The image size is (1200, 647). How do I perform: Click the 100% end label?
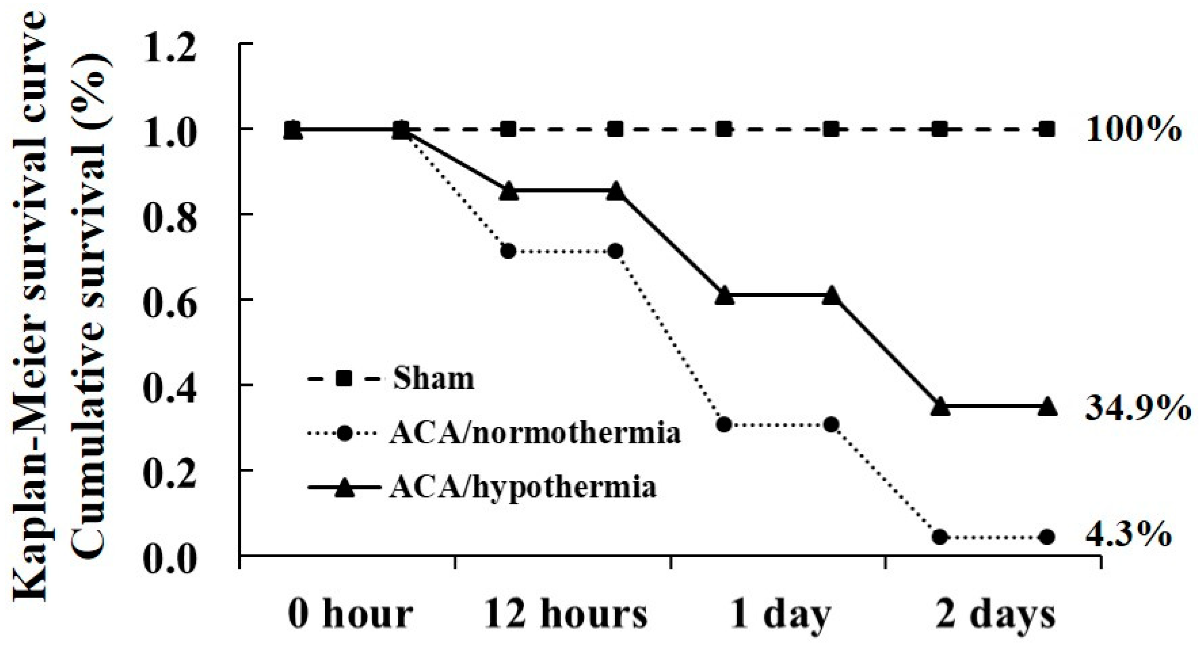pyautogui.click(x=1133, y=130)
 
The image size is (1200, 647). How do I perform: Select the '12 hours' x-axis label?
pyautogui.click(x=565, y=614)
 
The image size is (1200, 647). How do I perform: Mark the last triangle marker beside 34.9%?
pyautogui.click(x=1047, y=406)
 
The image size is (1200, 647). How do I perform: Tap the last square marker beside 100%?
pyautogui.click(x=1047, y=129)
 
